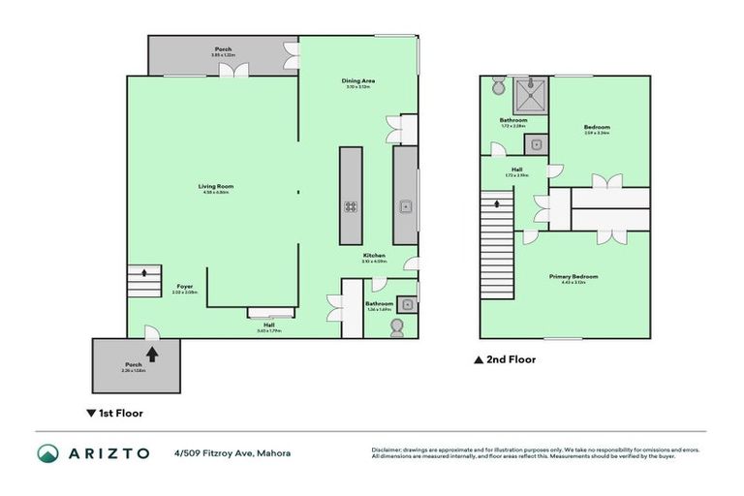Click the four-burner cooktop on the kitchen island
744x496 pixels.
pyautogui.click(x=350, y=206)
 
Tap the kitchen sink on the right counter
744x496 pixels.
pyautogui.click(x=406, y=206)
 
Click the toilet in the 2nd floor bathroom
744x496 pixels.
pyautogui.click(x=498, y=87)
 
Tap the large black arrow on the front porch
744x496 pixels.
pyautogui.click(x=151, y=354)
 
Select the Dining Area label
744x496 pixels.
pyautogui.click(x=357, y=81)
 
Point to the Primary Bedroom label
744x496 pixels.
pyautogui.click(x=573, y=277)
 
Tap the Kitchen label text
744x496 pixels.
pyautogui.click(x=374, y=256)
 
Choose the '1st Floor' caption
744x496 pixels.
pyautogui.click(x=120, y=413)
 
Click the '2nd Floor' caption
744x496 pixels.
pyautogui.click(x=511, y=359)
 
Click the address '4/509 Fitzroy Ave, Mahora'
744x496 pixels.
pyautogui.click(x=232, y=453)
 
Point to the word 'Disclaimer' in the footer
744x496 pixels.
pyautogui.click(x=387, y=449)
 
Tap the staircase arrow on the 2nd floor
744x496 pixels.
pyautogui.click(x=498, y=204)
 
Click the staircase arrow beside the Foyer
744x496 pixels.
pyautogui.click(x=144, y=272)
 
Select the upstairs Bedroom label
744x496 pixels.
pyautogui.click(x=597, y=127)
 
